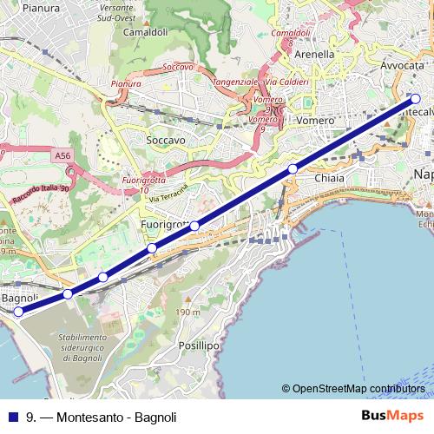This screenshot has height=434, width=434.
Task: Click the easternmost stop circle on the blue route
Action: click(415, 99)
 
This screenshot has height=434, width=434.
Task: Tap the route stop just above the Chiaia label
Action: click(293, 168)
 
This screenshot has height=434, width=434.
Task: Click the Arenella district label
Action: click(314, 54)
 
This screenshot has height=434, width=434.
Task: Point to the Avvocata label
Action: click(401, 66)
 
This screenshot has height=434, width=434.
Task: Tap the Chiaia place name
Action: click(329, 178)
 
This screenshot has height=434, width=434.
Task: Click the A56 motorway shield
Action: click(62, 155)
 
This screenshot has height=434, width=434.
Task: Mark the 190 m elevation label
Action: click(187, 312)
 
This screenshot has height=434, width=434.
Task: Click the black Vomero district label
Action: click(310, 120)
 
